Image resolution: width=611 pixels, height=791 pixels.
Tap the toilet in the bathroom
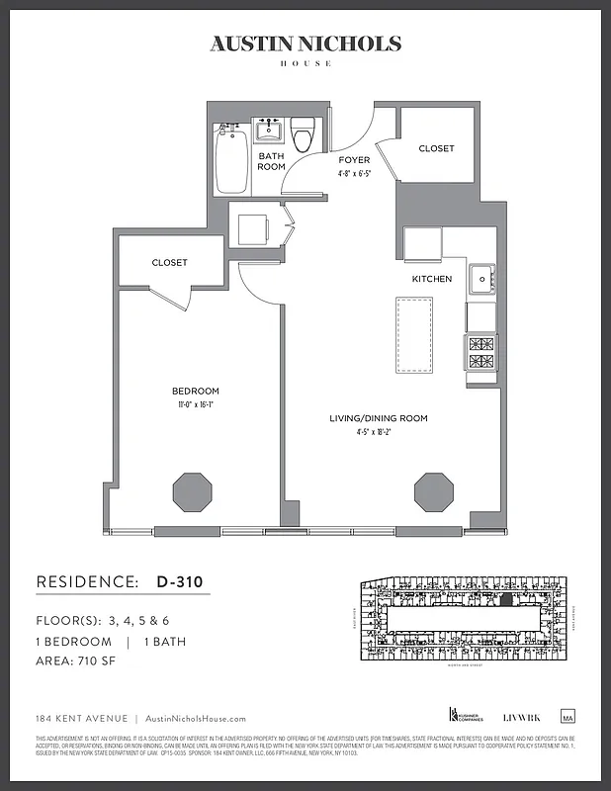pos(303,134)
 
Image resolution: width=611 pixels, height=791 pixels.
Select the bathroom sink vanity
pos(269,131)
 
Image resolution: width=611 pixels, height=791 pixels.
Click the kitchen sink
pos(482,280)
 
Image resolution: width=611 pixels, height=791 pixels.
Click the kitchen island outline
pos(412,333)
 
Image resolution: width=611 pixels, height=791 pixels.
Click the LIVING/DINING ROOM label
pos(379,418)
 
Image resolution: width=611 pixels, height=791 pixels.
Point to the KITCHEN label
pos(432,279)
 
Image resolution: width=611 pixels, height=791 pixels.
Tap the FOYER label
pos(354,160)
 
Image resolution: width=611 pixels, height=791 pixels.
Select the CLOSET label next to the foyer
pos(436,148)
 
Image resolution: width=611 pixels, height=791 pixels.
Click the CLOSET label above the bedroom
pos(169,263)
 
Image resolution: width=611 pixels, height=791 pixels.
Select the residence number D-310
pos(180,581)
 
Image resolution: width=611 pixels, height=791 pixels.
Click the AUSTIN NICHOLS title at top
pos(305,44)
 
